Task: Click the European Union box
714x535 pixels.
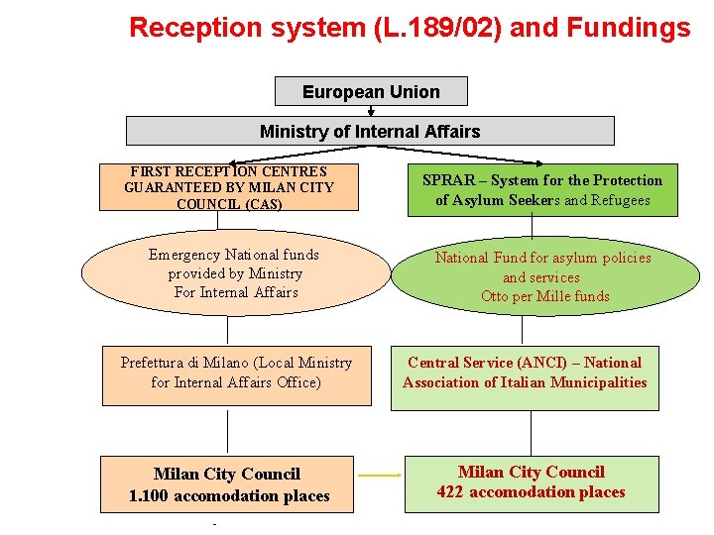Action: [371, 92]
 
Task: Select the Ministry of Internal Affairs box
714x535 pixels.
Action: [369, 131]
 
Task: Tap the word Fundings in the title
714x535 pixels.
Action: [630, 27]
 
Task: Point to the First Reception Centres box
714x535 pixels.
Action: [229, 187]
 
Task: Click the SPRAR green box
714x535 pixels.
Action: [541, 190]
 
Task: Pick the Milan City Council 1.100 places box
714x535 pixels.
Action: [228, 484]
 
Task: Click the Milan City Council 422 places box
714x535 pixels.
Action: [531, 482]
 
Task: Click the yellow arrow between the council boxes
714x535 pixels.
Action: [380, 476]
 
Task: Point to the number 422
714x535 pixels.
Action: [451, 492]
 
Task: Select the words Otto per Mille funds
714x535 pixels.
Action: [544, 296]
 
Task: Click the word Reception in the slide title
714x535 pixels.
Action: [189, 27]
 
